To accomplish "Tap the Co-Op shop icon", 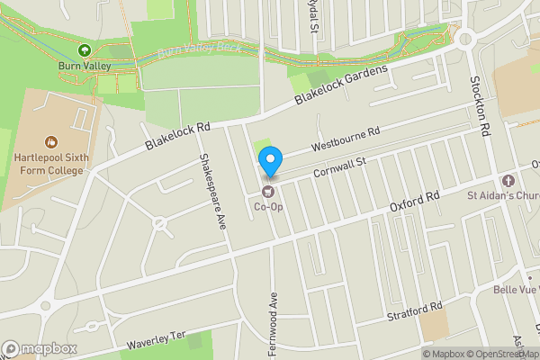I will tap(266, 191).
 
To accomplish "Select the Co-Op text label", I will tap(267, 206).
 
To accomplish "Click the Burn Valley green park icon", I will tap(85, 50).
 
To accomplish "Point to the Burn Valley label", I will tap(85, 66).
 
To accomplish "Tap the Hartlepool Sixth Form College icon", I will tap(51, 141).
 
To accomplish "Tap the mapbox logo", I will tap(40, 348).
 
